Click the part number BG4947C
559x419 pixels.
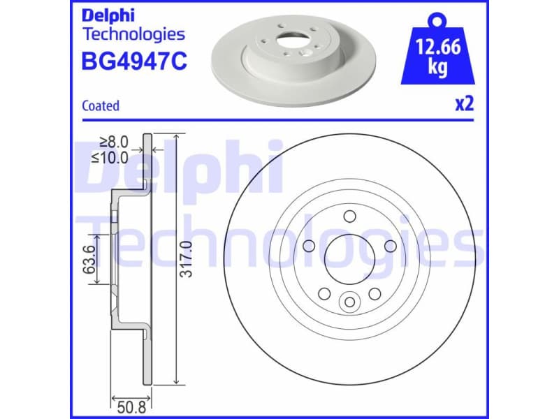click(x=135, y=62)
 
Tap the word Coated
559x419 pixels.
click(x=101, y=106)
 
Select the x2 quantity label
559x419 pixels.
click(x=465, y=104)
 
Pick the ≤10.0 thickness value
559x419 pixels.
click(x=110, y=157)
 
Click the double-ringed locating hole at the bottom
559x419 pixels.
click(x=349, y=302)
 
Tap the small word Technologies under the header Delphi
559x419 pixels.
click(x=133, y=34)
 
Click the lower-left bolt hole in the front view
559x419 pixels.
click(x=324, y=293)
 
